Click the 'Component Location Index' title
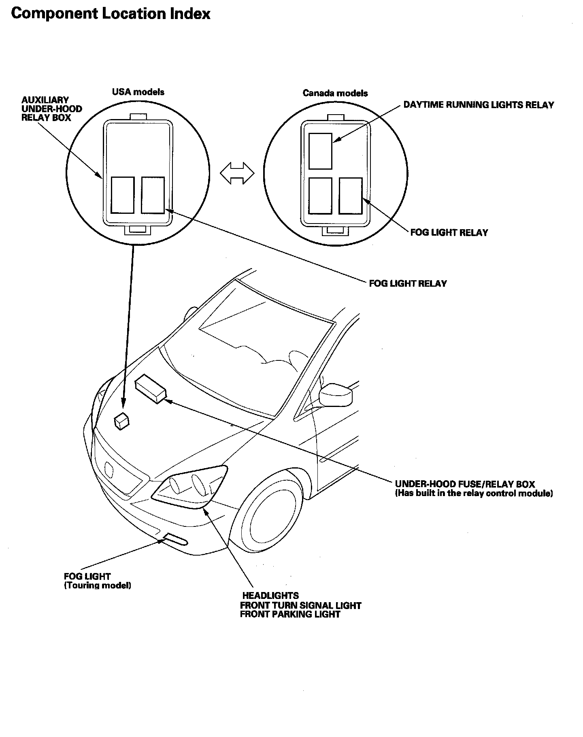point(111,14)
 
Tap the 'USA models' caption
point(138,92)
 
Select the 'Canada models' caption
point(335,93)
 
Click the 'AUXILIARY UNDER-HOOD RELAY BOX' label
point(51,109)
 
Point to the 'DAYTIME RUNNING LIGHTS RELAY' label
point(479,105)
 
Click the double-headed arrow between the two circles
point(237,173)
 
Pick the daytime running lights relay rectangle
point(320,151)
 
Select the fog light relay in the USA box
point(153,195)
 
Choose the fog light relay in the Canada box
point(351,196)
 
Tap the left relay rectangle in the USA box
point(123,195)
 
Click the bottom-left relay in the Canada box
point(320,196)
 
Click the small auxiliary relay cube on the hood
point(121,421)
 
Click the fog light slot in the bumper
point(174,539)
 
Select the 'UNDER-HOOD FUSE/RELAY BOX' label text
point(465,484)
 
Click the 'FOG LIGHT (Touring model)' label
point(97,581)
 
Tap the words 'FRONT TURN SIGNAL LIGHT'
point(300,606)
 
